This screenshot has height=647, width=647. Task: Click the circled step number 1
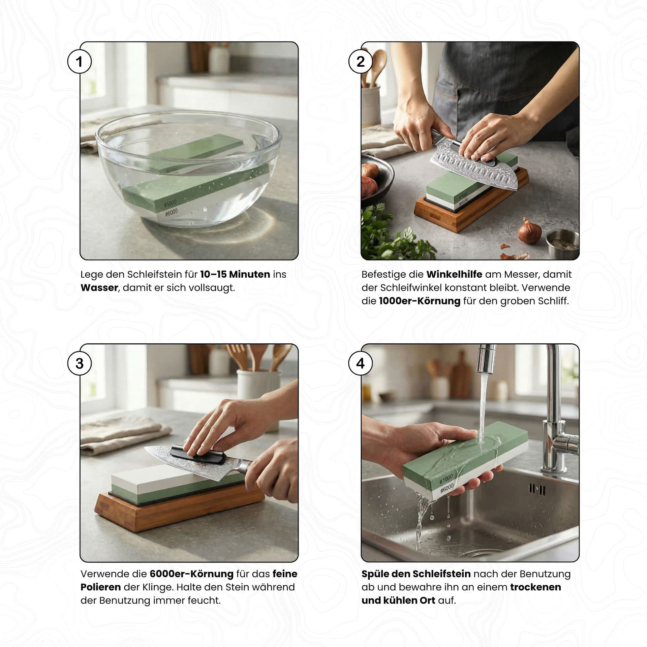[x=79, y=61]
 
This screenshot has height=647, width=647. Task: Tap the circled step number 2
[x=360, y=61]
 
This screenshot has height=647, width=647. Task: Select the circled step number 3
[x=79, y=363]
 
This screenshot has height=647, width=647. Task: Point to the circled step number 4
[x=360, y=363]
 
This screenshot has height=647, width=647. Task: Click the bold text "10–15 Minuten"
[x=235, y=274]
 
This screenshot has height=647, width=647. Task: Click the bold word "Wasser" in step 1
[x=99, y=288]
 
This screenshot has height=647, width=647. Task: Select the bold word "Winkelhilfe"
[x=454, y=274]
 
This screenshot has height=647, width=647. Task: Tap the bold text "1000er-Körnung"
[x=420, y=301]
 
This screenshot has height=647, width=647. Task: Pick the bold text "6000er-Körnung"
[x=191, y=574]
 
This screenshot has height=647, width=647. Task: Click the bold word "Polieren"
[x=100, y=587]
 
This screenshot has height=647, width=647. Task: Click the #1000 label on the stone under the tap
[x=446, y=479]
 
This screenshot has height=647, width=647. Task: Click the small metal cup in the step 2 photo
[x=562, y=244]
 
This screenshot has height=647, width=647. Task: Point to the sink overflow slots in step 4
[x=537, y=489]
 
